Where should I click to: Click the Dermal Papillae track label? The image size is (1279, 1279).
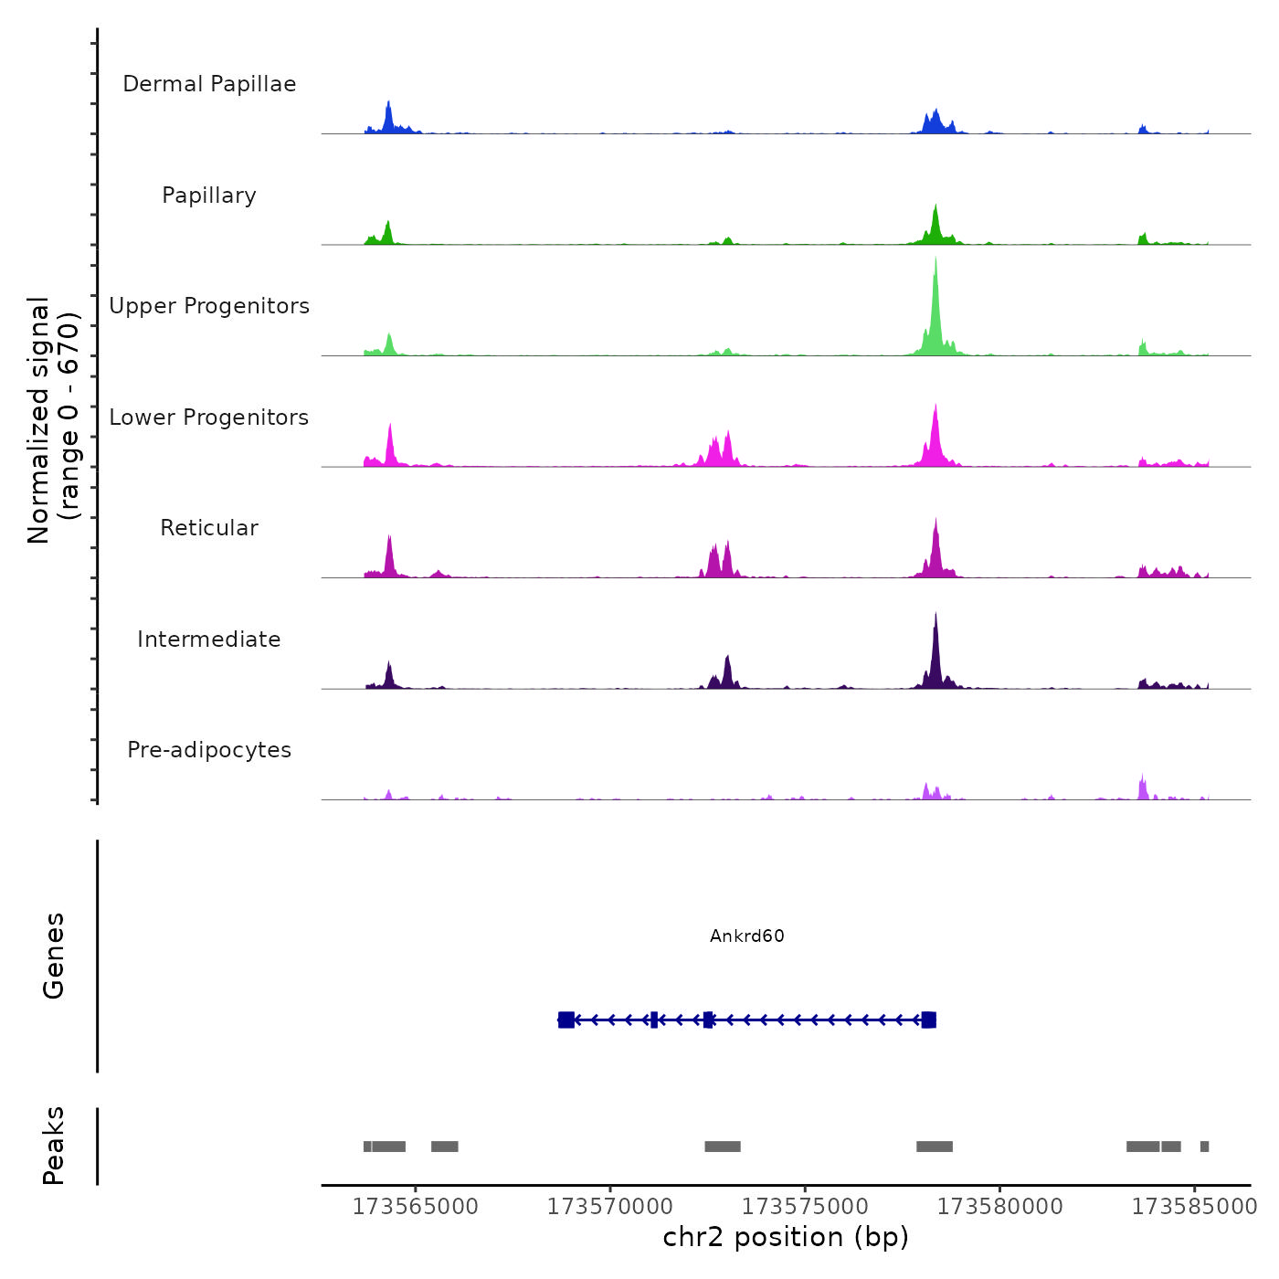209,84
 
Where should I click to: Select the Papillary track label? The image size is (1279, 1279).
209,196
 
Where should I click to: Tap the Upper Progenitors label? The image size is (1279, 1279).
209,306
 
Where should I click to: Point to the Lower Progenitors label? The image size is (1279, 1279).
209,418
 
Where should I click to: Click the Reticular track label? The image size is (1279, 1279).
209,528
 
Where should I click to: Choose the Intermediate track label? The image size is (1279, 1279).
209,639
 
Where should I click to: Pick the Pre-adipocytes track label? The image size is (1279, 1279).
209,750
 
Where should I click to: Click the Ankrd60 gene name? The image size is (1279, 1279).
747,936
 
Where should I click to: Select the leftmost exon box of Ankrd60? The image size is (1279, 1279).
566,1020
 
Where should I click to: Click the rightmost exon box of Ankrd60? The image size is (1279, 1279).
928,1020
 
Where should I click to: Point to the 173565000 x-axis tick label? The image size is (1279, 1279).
416,1207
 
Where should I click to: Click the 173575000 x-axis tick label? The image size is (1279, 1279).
805,1207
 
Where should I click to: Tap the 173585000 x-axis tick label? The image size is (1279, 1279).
1194,1207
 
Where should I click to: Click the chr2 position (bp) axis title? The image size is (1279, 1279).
786,1237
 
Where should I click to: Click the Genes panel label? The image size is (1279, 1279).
54,956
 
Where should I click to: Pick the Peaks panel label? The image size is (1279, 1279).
54,1146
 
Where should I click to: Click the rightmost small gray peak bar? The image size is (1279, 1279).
1204,1147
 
